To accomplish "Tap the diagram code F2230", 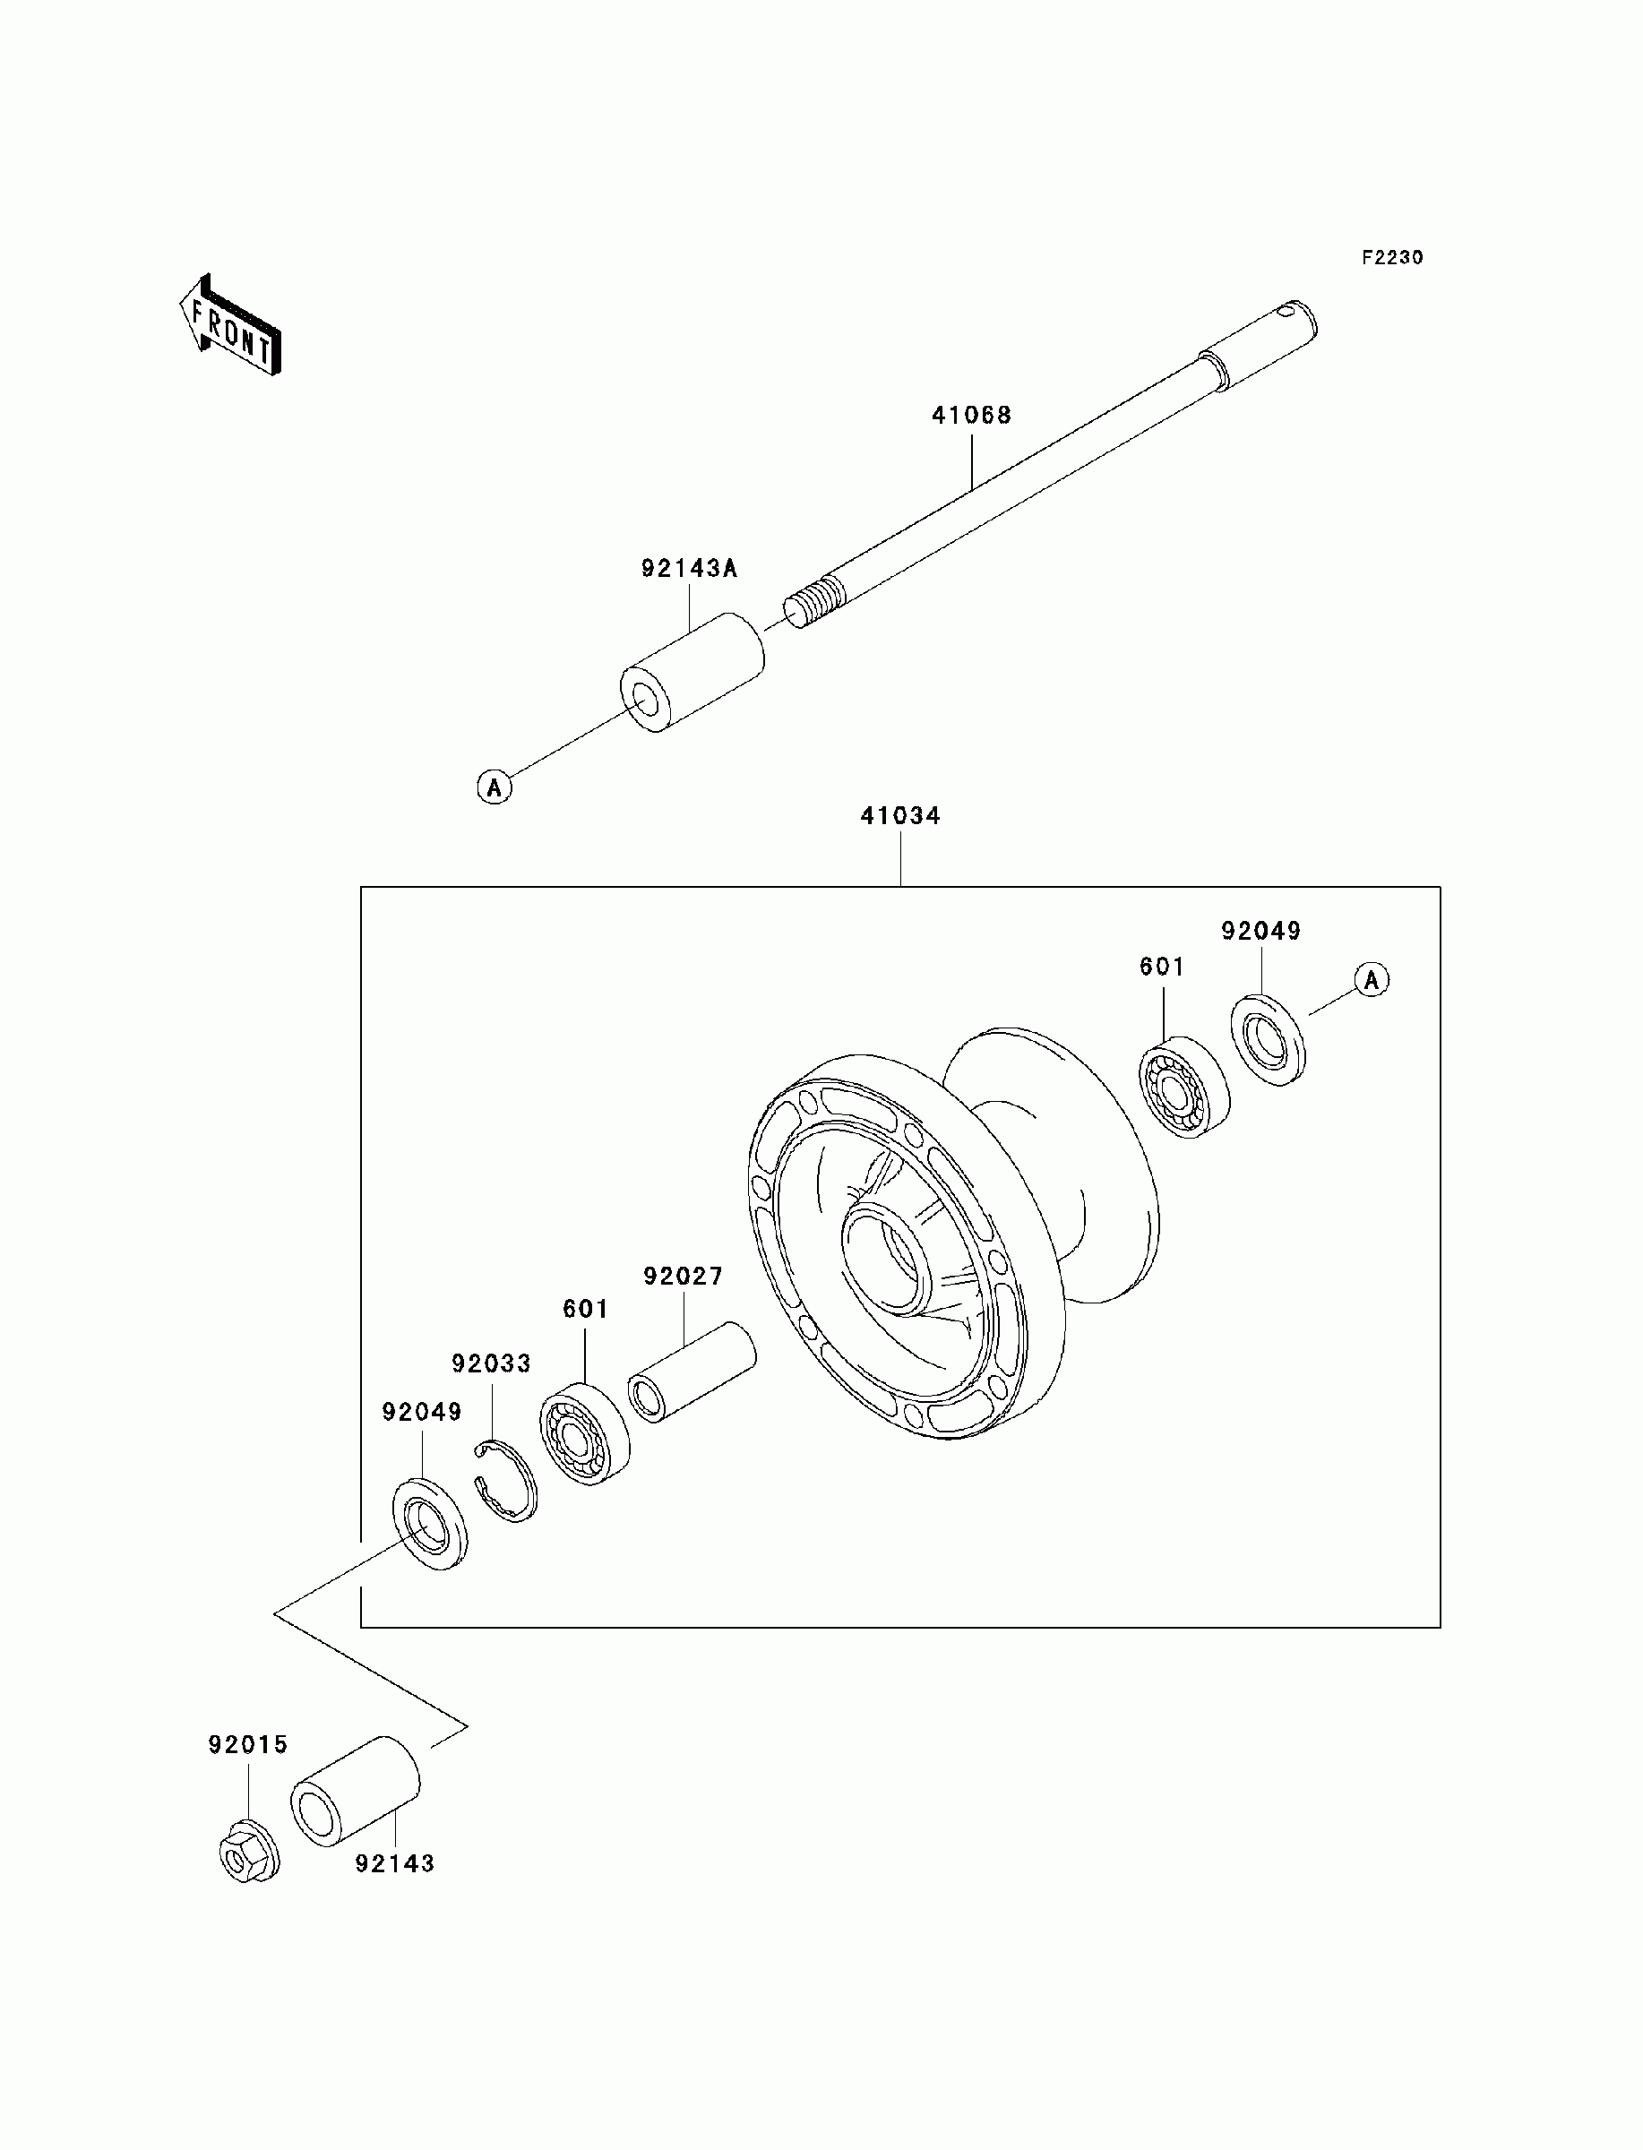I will click(x=1393, y=258).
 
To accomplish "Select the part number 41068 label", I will click(x=971, y=416).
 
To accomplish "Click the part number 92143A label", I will click(x=690, y=568).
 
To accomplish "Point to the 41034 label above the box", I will click(x=899, y=815).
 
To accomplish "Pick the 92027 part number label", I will click(x=684, y=1276).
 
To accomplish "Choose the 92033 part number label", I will click(x=491, y=1363).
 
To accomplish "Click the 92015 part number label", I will click(x=248, y=1745).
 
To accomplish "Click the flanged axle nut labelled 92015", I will click(x=248, y=1848).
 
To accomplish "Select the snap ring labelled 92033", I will click(x=505, y=1480).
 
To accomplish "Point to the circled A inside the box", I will click(x=1372, y=978).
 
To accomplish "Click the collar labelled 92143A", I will click(x=693, y=672).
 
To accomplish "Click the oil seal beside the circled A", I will click(x=1268, y=1039).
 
